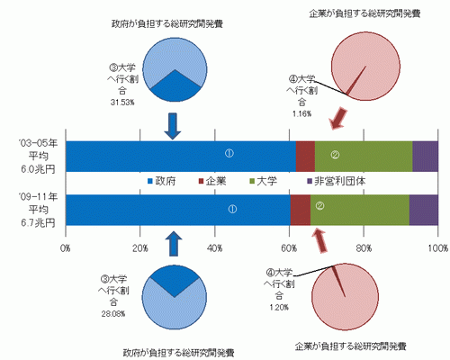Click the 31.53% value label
tap(122, 103)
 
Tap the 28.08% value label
tap(113, 314)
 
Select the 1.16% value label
tap(301, 114)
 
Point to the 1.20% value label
tap(279, 308)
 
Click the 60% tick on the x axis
tap(289, 248)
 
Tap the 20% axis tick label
tap(140, 248)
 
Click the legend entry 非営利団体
tap(337, 181)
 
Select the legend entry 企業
tap(212, 181)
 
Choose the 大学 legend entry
tap(264, 181)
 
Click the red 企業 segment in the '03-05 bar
tap(305, 157)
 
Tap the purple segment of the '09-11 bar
tap(424, 210)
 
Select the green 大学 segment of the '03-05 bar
tap(364, 157)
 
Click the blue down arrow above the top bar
tap(173, 126)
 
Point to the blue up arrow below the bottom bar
tap(174, 244)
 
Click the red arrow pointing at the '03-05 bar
tap(338, 119)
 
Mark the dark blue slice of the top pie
tap(175, 88)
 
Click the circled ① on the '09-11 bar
tap(232, 209)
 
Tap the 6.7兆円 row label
tap(38, 223)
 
